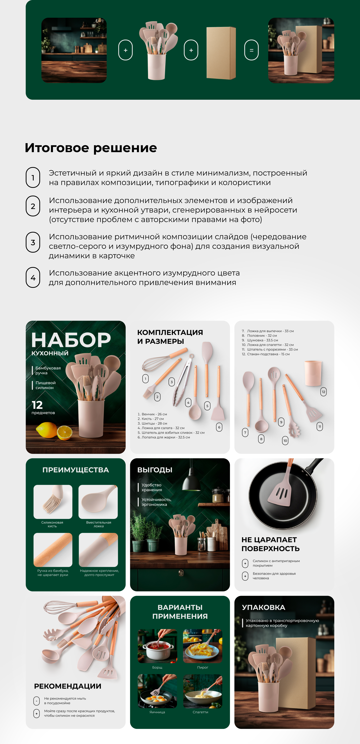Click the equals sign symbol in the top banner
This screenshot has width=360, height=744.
pos(251,50)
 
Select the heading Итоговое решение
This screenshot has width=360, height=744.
pos(91,148)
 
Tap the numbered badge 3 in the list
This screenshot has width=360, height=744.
pos(33,242)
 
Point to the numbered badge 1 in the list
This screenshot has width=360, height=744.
pos(33,178)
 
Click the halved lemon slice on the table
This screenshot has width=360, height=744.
pos(65,432)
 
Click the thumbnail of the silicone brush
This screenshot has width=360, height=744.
pos(53,502)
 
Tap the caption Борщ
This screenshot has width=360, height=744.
pos(157,667)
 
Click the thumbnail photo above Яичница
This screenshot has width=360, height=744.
pos(157,691)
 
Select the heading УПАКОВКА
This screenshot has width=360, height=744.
pos(263,607)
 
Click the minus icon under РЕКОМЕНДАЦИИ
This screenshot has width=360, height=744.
pos(36,701)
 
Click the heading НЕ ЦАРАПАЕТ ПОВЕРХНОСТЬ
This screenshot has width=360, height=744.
pos(270,544)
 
